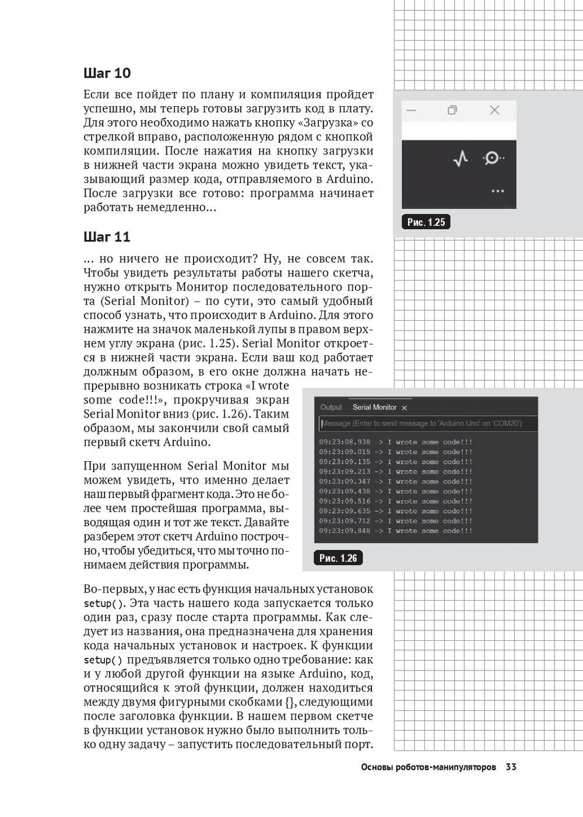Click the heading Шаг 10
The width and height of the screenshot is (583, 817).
(107, 73)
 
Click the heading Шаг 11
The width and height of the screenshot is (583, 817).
(107, 237)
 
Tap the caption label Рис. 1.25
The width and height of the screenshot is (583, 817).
(426, 222)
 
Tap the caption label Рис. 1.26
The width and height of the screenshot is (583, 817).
(338, 558)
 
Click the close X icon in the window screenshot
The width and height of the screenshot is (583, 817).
(494, 110)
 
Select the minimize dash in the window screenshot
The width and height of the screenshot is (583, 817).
(411, 110)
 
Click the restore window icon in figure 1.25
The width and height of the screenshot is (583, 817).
(452, 110)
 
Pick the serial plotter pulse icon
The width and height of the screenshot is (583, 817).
(461, 158)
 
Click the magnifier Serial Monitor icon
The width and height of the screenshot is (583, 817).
(492, 158)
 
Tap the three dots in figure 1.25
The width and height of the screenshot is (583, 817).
(497, 191)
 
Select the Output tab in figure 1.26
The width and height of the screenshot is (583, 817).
(331, 408)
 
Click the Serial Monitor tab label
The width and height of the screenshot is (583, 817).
(374, 408)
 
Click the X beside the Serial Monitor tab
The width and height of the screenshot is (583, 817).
(405, 408)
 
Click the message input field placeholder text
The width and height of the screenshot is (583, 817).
(422, 423)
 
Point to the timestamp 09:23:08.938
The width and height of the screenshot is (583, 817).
(345, 442)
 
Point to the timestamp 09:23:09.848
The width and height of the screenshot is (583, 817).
(345, 531)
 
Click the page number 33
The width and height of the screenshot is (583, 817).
(511, 767)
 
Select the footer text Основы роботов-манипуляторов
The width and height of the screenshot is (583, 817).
(429, 767)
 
